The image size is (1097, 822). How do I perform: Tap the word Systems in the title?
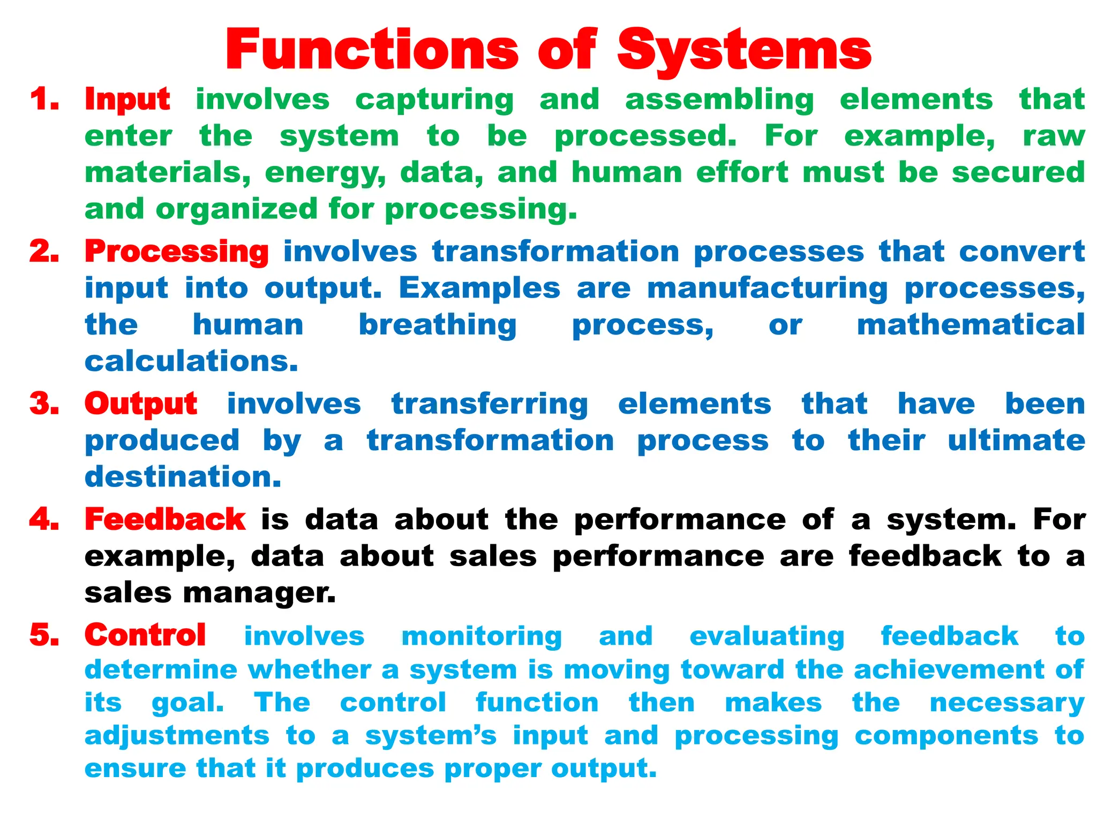(745, 51)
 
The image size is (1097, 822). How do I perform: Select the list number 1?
(44, 100)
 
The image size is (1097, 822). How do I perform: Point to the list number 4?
(44, 519)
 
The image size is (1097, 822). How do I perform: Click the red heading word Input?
(127, 100)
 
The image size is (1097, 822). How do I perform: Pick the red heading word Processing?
(177, 252)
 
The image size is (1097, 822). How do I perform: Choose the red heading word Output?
(141, 404)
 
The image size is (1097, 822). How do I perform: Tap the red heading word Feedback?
(165, 519)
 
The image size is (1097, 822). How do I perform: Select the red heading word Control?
(145, 635)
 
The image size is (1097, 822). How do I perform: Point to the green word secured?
(1018, 172)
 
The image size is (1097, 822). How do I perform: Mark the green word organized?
(237, 209)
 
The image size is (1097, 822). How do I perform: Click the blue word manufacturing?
(768, 289)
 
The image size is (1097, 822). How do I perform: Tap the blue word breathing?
(438, 325)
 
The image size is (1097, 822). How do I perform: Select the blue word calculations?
(191, 361)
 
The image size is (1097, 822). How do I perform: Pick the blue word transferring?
(490, 405)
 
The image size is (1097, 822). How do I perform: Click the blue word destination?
(183, 476)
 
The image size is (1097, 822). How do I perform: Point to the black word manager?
(259, 593)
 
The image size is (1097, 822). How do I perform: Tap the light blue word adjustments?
(177, 736)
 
